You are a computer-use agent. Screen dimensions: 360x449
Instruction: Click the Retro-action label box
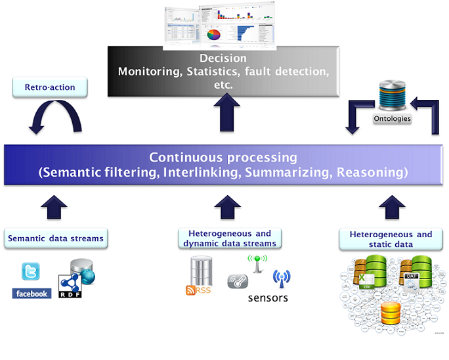(x=49, y=87)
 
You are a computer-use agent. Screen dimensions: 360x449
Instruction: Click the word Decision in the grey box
(x=223, y=58)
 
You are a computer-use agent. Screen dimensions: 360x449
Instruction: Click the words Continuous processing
(x=223, y=158)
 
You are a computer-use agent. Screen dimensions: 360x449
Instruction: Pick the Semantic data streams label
(x=56, y=238)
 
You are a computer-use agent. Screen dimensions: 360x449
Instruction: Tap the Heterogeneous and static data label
(x=391, y=239)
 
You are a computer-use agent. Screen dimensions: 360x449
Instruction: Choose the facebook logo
(x=32, y=294)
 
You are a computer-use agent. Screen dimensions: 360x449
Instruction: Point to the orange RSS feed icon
(x=191, y=290)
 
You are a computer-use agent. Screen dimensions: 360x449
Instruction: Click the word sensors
(x=268, y=298)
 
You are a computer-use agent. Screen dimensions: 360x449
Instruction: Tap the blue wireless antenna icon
(x=282, y=277)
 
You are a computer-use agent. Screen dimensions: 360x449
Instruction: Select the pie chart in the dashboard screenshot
(x=214, y=34)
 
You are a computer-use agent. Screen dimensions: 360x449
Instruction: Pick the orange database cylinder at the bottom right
(x=391, y=313)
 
